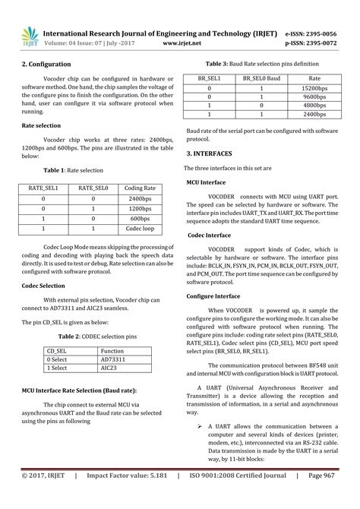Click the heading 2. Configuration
click(46, 65)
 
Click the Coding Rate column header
click(141, 188)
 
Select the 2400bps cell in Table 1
click(141, 198)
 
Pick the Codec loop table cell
click(141, 228)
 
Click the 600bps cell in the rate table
click(141, 218)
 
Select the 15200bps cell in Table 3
click(314, 88)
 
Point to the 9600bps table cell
click(314, 98)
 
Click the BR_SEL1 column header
click(209, 78)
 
